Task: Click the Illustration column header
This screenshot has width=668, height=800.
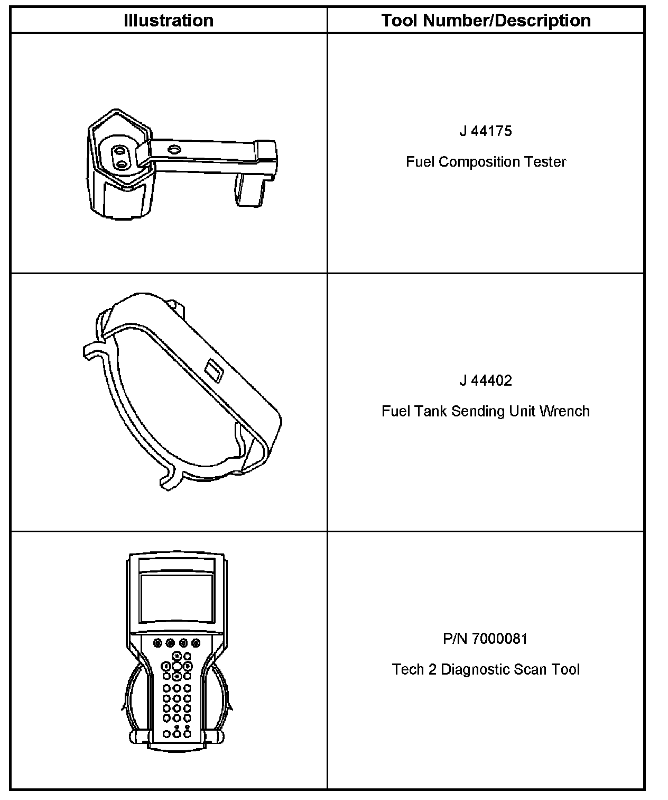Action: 169,21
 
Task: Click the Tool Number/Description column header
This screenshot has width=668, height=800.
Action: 486,21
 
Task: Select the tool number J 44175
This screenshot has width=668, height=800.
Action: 486,131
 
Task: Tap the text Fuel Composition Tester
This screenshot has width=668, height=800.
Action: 486,162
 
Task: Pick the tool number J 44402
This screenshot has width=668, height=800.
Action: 486,381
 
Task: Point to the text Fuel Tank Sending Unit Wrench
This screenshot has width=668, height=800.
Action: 486,412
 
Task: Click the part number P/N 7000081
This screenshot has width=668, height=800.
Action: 486,639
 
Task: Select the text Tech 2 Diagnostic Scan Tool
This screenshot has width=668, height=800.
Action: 486,670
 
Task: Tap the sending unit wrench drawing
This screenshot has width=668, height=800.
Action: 182,392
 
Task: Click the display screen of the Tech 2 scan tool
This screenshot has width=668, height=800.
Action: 177,598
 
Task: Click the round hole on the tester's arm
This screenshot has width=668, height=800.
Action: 173,150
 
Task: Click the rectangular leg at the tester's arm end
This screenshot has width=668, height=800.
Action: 249,190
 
